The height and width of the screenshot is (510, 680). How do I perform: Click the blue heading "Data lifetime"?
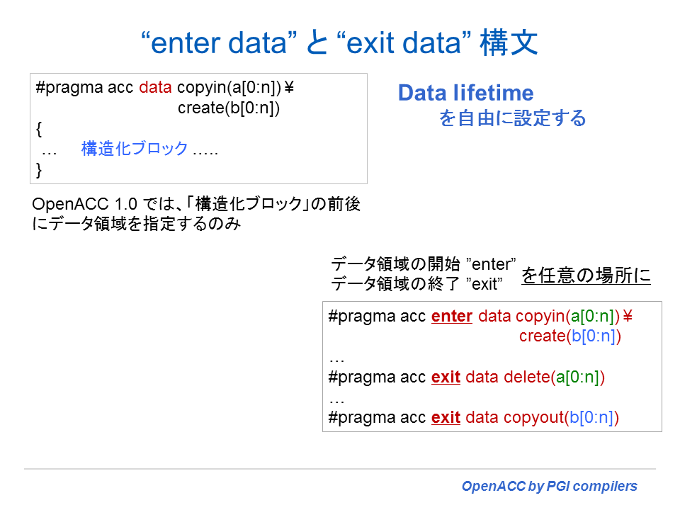click(x=465, y=93)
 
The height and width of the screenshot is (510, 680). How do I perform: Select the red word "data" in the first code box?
click(x=155, y=88)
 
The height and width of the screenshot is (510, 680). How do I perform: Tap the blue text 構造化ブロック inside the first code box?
click(x=135, y=149)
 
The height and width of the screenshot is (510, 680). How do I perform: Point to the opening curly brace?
click(x=39, y=129)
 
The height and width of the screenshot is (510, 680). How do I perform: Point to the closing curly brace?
click(x=39, y=169)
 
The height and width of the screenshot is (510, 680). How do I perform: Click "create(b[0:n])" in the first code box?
click(x=229, y=108)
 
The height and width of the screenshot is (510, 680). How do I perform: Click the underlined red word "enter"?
click(x=451, y=316)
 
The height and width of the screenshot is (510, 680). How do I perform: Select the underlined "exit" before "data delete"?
click(x=446, y=377)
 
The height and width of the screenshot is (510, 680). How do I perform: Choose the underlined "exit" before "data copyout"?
click(x=446, y=417)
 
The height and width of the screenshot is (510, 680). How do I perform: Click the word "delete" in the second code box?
click(x=526, y=377)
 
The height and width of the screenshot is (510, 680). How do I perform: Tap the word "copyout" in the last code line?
click(x=533, y=417)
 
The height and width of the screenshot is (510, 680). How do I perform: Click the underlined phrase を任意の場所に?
click(x=586, y=275)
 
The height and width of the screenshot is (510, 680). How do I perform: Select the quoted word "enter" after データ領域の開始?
click(x=493, y=265)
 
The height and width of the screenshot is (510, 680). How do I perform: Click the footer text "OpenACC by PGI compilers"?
click(x=549, y=487)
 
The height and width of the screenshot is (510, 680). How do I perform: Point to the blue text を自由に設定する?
click(x=513, y=118)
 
